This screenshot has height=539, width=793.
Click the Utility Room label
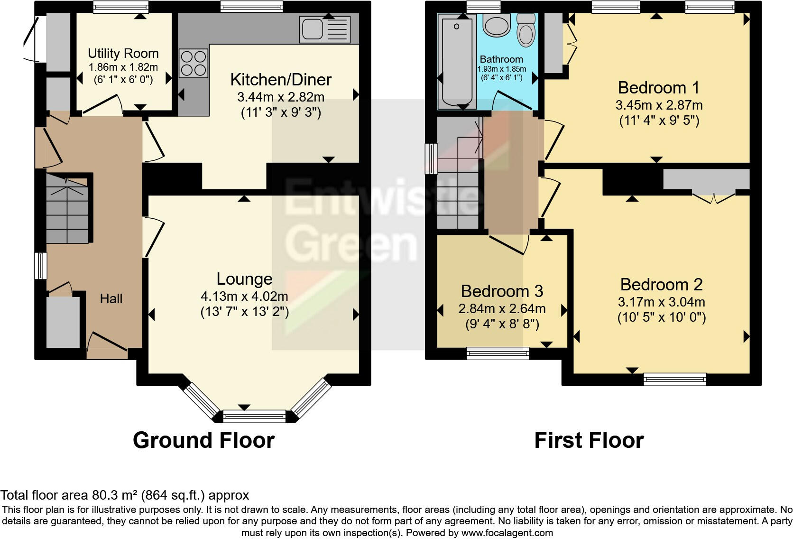[123, 53]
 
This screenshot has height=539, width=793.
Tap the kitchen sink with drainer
[325, 29]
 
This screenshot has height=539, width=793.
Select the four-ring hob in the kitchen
[194, 64]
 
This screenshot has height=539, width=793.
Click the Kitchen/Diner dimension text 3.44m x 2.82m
[280, 97]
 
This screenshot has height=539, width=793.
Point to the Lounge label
[244, 279]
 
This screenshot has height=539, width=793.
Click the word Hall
[111, 298]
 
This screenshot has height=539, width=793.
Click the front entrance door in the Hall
[107, 344]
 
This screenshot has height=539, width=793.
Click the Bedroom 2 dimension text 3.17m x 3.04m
[661, 302]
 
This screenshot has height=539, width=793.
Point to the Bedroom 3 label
[502, 291]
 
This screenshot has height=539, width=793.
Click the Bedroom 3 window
[497, 352]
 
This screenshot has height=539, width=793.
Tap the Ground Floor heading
[203, 440]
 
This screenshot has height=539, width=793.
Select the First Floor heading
[589, 440]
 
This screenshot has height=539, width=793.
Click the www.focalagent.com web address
[507, 533]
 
